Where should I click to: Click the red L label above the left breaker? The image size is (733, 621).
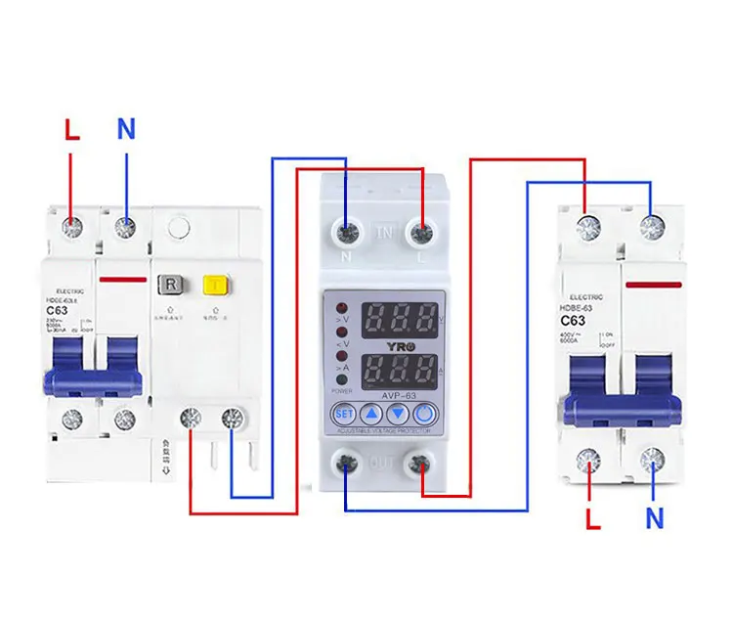pyautogui.click(x=70, y=129)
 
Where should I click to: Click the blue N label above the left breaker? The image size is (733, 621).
pyautogui.click(x=126, y=129)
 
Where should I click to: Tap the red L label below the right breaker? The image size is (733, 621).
pyautogui.click(x=592, y=518)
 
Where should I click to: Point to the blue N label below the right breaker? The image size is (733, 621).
pyautogui.click(x=653, y=518)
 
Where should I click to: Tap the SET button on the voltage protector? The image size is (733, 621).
pyautogui.click(x=342, y=414)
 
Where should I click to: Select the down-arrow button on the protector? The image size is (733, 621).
pyautogui.click(x=399, y=414)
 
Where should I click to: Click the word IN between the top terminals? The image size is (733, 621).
pyautogui.click(x=384, y=234)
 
